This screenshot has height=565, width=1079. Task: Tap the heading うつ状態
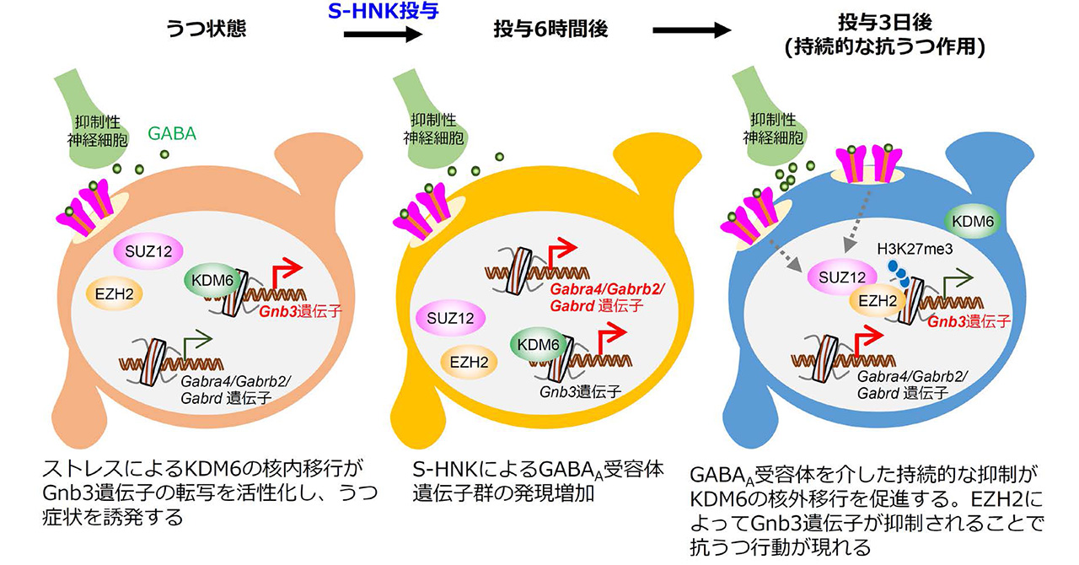click(x=202, y=30)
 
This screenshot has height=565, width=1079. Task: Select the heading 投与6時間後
click(x=550, y=30)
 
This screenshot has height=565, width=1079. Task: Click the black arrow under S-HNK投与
click(x=383, y=33)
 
